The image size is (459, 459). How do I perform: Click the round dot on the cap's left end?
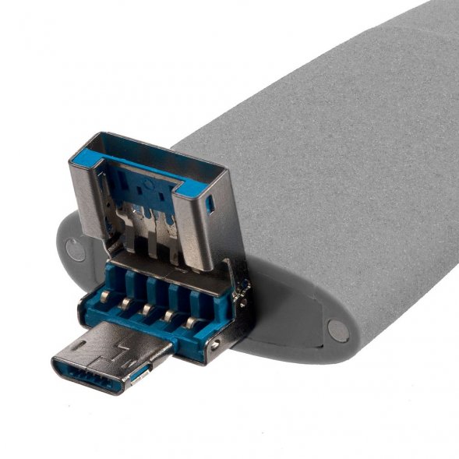click(x=76, y=250)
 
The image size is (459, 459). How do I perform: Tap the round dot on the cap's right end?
click(x=339, y=330)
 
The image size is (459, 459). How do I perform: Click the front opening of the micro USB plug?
click(x=90, y=372)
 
